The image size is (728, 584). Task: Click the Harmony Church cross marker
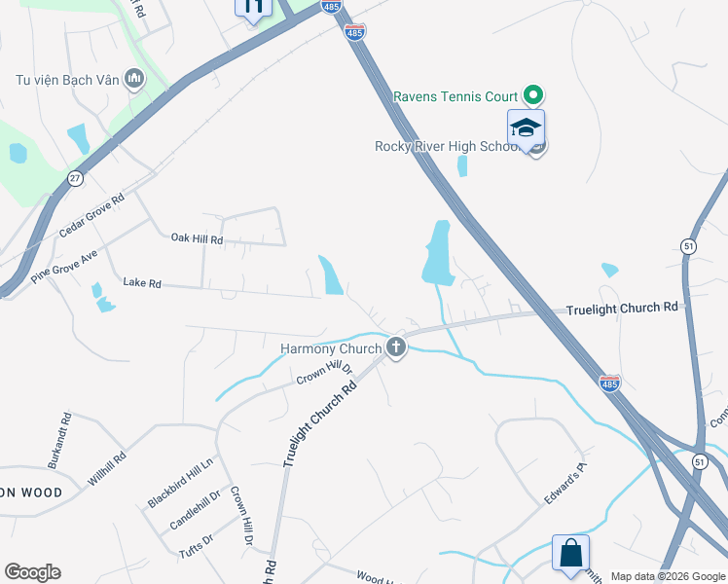point(395,347)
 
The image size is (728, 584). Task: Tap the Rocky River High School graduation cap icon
point(526,128)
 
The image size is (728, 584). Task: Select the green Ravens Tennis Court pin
point(532,95)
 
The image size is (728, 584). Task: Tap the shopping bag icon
point(571,553)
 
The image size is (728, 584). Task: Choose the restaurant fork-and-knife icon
point(253,9)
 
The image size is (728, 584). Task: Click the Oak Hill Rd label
point(197,238)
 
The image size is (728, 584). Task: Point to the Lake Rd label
point(141,283)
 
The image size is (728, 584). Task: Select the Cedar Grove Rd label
point(91,215)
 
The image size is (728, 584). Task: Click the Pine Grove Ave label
point(64,265)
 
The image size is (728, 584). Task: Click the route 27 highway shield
point(76,179)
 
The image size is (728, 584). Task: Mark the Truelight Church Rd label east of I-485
point(622,308)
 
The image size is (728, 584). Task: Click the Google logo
point(32,572)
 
